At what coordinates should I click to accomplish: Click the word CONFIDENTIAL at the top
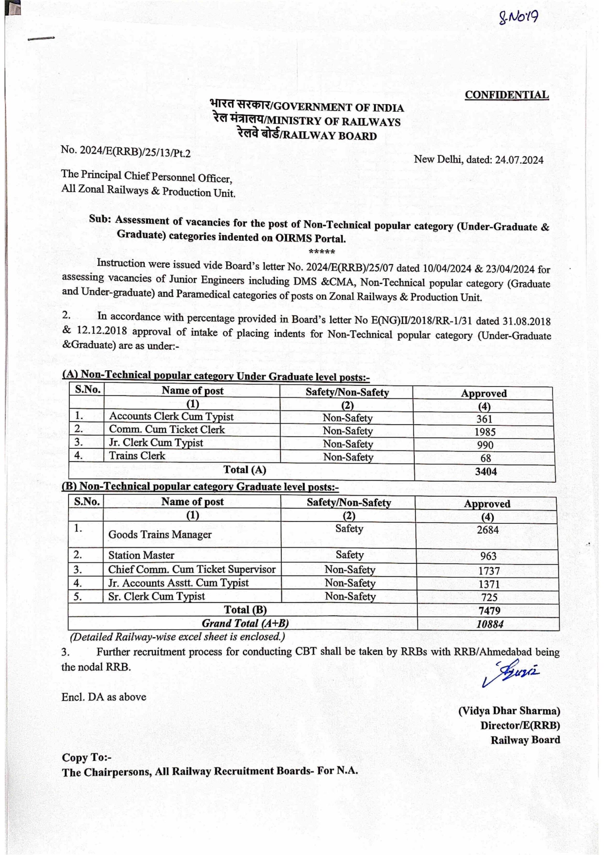(x=507, y=95)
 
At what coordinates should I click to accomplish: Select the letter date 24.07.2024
(x=519, y=160)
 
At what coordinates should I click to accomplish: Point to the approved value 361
(x=484, y=419)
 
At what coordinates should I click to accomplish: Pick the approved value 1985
(x=485, y=432)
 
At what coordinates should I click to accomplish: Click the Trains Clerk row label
(x=137, y=456)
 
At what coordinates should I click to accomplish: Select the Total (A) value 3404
(x=485, y=472)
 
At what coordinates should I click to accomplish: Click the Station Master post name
(x=141, y=555)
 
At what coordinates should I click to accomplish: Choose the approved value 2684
(x=487, y=530)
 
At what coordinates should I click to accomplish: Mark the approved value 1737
(x=489, y=571)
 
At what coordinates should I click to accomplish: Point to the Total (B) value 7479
(x=489, y=610)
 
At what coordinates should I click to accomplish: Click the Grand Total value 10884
(x=490, y=624)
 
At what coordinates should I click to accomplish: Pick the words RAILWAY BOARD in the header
(x=330, y=136)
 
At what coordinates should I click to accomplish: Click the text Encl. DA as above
(x=104, y=697)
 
